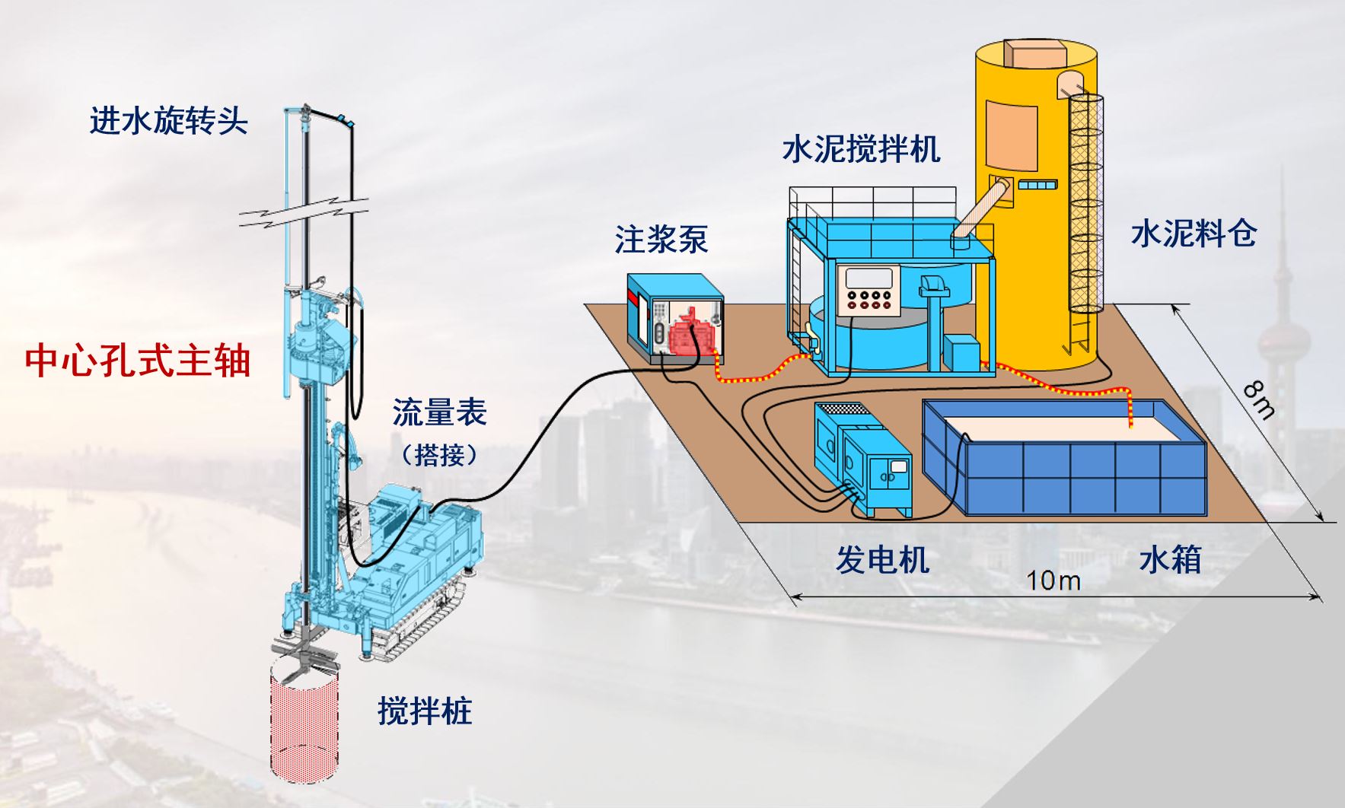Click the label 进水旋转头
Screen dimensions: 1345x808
pyautogui.click(x=169, y=120)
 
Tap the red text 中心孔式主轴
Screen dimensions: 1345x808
pyautogui.click(x=138, y=360)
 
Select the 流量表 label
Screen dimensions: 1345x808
pyautogui.click(x=439, y=412)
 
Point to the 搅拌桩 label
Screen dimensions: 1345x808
pyautogui.click(x=425, y=711)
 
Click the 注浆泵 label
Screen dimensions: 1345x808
pyautogui.click(x=661, y=240)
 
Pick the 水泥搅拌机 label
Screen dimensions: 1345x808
pyautogui.click(x=861, y=148)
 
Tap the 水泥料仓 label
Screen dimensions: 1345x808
pyautogui.click(x=1194, y=234)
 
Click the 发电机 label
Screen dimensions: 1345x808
pyautogui.click(x=883, y=560)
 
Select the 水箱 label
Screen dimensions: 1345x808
pyautogui.click(x=1171, y=560)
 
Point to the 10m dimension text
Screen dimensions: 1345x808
pyautogui.click(x=1053, y=581)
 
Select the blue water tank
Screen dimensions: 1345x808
pyautogui.click(x=1065, y=456)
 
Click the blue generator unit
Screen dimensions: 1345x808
pyautogui.click(x=862, y=459)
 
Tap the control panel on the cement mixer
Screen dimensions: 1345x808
pyautogui.click(x=869, y=289)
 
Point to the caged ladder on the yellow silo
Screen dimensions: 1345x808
pyautogui.click(x=1085, y=221)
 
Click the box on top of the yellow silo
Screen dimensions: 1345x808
pyautogui.click(x=1034, y=53)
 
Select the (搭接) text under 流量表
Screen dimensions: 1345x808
pyautogui.click(x=440, y=455)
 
